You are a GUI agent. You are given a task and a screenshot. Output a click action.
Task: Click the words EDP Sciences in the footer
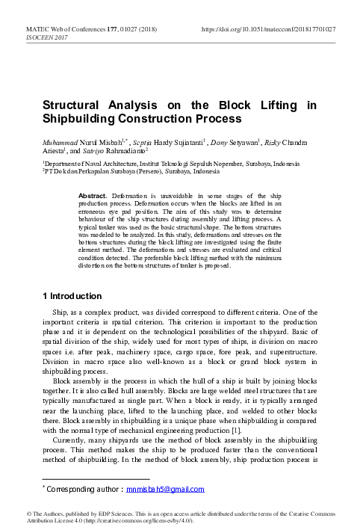coord(104,513)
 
